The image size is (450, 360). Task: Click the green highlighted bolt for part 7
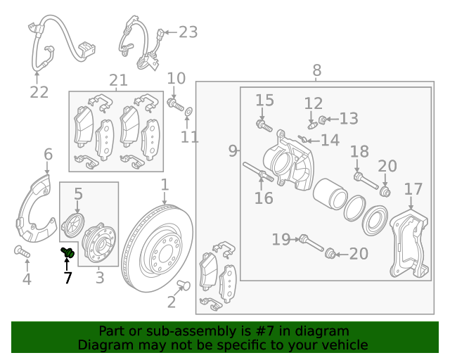[68, 251]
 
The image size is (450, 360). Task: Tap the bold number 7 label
[68, 278]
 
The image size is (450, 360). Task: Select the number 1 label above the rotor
[165, 185]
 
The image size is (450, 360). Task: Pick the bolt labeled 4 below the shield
[20, 251]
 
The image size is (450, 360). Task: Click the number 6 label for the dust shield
[48, 154]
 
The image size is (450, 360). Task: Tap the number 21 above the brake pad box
[118, 80]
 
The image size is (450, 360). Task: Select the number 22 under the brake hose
[39, 91]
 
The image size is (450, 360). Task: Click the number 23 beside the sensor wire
[188, 32]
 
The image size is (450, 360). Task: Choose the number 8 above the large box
[316, 70]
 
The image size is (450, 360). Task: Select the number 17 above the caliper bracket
[413, 188]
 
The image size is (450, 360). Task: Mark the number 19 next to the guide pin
[281, 240]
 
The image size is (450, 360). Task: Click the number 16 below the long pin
[264, 198]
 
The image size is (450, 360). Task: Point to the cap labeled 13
[323, 118]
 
